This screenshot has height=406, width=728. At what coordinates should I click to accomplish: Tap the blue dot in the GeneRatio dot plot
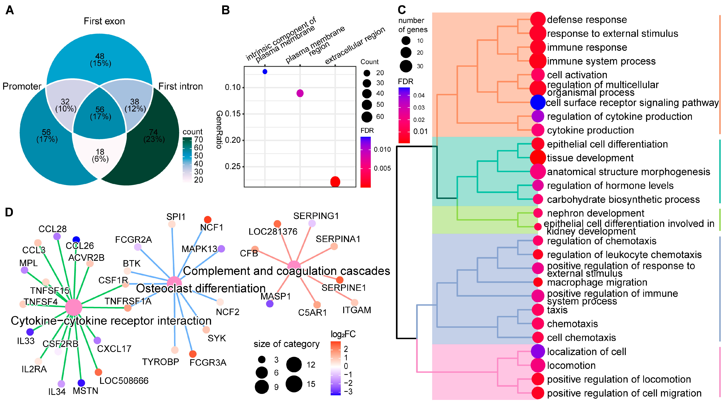pos(265,72)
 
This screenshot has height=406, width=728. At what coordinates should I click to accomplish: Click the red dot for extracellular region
pos(335,181)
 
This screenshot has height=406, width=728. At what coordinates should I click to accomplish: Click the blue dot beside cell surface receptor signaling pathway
pos(538,102)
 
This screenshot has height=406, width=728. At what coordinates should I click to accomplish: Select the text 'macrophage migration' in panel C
pos(597,282)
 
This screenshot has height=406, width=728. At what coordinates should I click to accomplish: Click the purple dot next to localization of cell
pos(538,351)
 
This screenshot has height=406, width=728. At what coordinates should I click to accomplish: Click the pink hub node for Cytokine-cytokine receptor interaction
pos(74,307)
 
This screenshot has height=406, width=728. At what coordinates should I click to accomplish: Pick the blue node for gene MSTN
pos(81,383)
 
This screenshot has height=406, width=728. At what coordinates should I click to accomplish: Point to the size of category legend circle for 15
pos(294,384)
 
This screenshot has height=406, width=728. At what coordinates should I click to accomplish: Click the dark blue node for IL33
pos(30,332)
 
